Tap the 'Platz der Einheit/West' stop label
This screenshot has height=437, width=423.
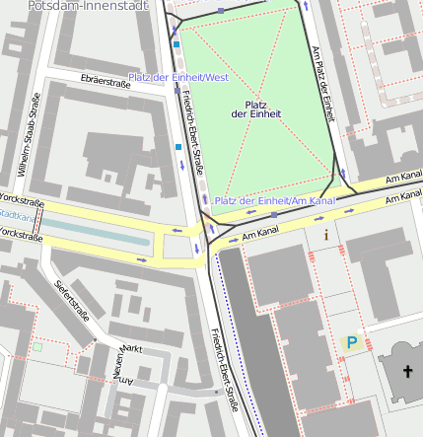coord(178,77)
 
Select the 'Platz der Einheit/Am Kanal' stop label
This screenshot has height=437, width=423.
coord(274,201)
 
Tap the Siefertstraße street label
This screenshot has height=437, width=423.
coord(71,302)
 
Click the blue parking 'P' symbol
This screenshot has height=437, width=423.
coord(351,342)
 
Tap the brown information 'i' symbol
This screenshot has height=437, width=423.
coord(326,235)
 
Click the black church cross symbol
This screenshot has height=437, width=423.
coord(408,372)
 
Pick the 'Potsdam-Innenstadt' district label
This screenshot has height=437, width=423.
coord(89,6)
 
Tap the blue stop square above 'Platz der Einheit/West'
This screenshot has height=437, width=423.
coord(176,44)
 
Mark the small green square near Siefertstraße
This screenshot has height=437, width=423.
coord(37,347)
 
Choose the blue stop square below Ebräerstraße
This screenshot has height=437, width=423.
coord(177,147)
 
